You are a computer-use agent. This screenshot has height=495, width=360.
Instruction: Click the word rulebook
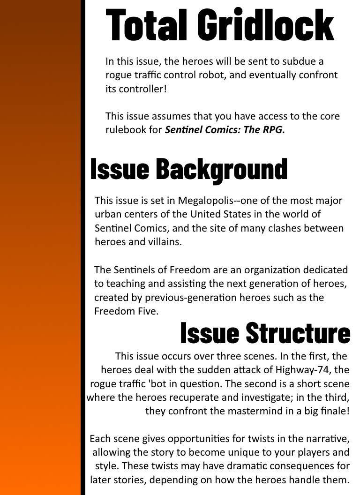point(126,130)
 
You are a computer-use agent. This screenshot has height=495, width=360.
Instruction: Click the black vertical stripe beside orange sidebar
point(82,247)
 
